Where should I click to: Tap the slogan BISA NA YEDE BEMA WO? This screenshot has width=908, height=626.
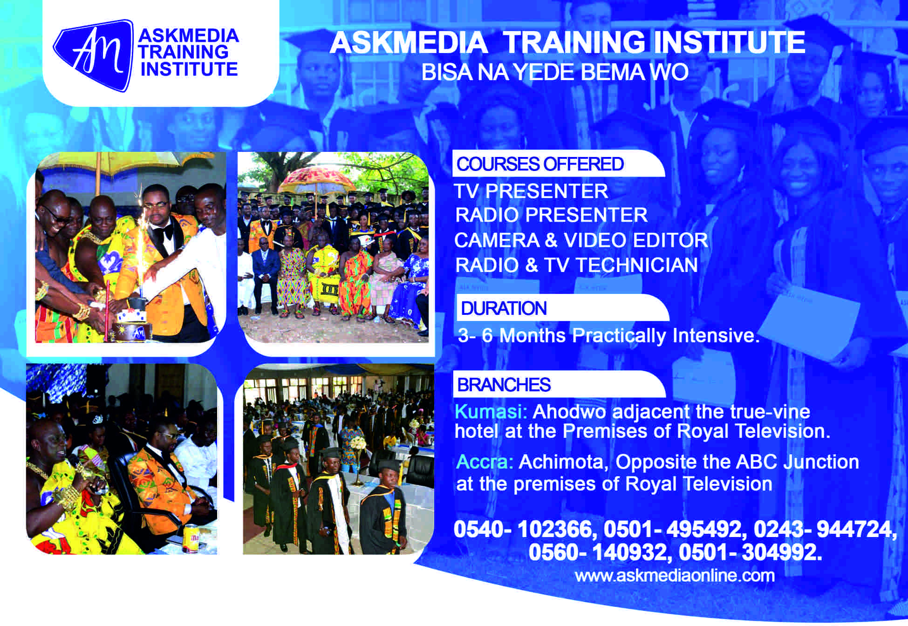tap(555, 72)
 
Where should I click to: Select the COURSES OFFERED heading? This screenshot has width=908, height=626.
tap(540, 164)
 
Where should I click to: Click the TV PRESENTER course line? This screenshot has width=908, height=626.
tap(531, 191)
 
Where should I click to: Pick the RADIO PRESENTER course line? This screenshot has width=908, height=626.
tap(551, 215)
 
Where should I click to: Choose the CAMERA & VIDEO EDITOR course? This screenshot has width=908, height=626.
tap(581, 240)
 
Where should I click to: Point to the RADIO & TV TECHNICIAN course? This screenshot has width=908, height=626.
tap(576, 265)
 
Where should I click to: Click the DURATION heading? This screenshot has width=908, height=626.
tap(504, 308)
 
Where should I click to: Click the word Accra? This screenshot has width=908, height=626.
tap(485, 462)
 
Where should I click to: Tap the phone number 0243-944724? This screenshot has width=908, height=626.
tap(825, 530)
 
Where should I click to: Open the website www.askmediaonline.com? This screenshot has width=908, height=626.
tap(675, 576)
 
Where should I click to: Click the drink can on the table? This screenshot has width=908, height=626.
tap(190, 538)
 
